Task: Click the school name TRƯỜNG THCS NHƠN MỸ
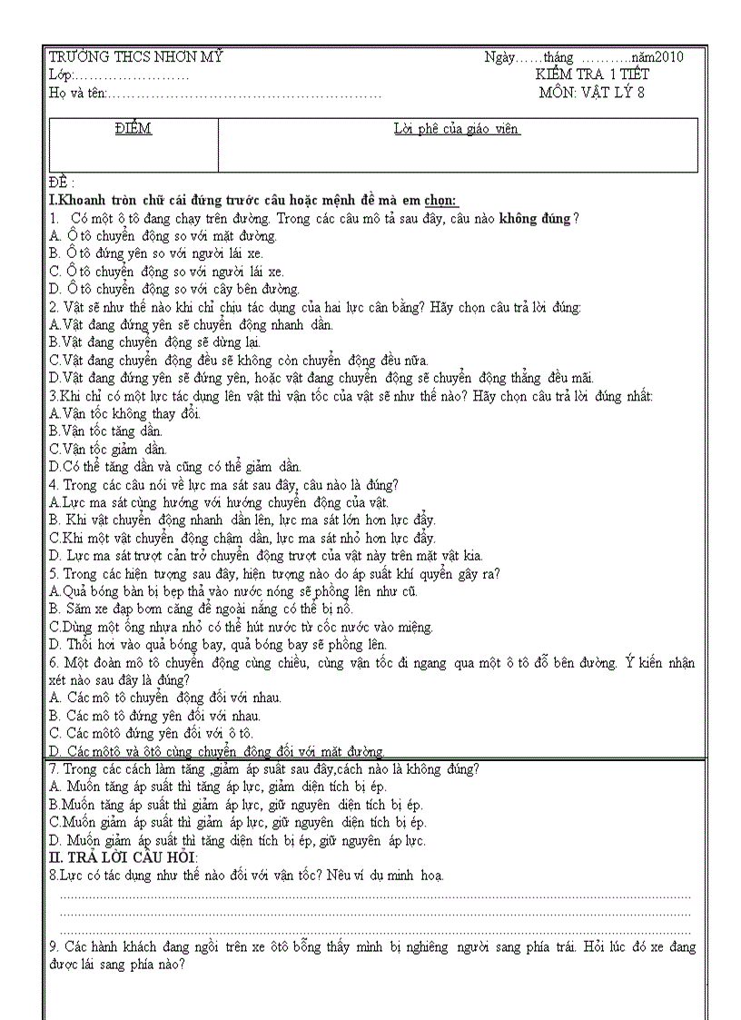(135, 58)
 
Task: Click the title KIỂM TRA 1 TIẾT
(592, 74)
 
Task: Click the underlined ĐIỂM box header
(133, 129)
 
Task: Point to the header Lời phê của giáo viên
(457, 129)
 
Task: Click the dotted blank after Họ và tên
(245, 93)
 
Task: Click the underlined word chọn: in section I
(440, 201)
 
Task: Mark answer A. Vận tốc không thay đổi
(125, 413)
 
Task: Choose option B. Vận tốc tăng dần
(106, 431)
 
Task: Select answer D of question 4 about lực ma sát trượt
(266, 555)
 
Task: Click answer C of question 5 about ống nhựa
(242, 627)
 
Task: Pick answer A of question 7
(217, 787)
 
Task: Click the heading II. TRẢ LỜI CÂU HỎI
(123, 858)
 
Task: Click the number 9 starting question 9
(54, 947)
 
